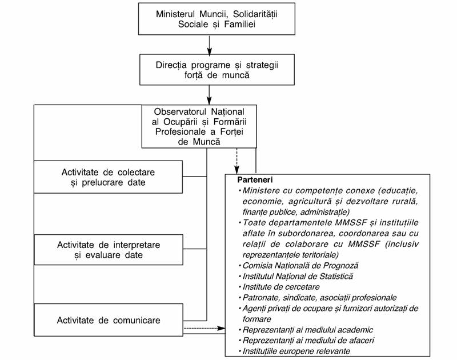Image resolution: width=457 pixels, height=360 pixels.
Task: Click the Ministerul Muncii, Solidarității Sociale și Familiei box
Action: [x=217, y=19]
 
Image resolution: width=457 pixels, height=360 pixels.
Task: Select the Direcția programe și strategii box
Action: [x=217, y=70]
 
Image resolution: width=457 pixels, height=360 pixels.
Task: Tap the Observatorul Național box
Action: [x=199, y=126]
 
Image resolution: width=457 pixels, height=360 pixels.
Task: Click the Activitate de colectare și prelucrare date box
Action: [x=108, y=177]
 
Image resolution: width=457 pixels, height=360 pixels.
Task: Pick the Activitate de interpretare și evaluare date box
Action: [x=109, y=250]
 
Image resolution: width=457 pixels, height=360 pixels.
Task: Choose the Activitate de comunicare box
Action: [x=109, y=320]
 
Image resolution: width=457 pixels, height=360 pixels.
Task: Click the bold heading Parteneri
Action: [x=255, y=180]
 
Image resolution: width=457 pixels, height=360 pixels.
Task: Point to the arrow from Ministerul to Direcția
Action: [x=209, y=45]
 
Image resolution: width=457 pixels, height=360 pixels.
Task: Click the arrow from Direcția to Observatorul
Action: [x=209, y=95]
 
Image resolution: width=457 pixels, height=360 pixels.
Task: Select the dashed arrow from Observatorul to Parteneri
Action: [x=236, y=161]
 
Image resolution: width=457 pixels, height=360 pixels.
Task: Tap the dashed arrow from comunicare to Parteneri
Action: [x=205, y=328]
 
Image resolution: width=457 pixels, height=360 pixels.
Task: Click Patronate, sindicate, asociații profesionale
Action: [x=319, y=298]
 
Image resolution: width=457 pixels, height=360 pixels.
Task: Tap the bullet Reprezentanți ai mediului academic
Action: [x=308, y=330]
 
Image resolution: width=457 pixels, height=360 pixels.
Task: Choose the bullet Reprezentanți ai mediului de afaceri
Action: [x=308, y=341]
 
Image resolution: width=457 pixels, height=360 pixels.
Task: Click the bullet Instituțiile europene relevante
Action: [x=296, y=351]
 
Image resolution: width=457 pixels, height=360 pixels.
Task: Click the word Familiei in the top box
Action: [x=240, y=24]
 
